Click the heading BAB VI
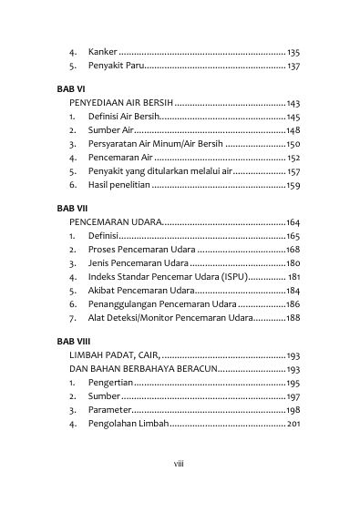pos(70,91)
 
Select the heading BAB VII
pos(71,209)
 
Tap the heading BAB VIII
pos(73,342)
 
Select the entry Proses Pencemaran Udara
pos(140,250)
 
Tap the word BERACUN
pos(194,369)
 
